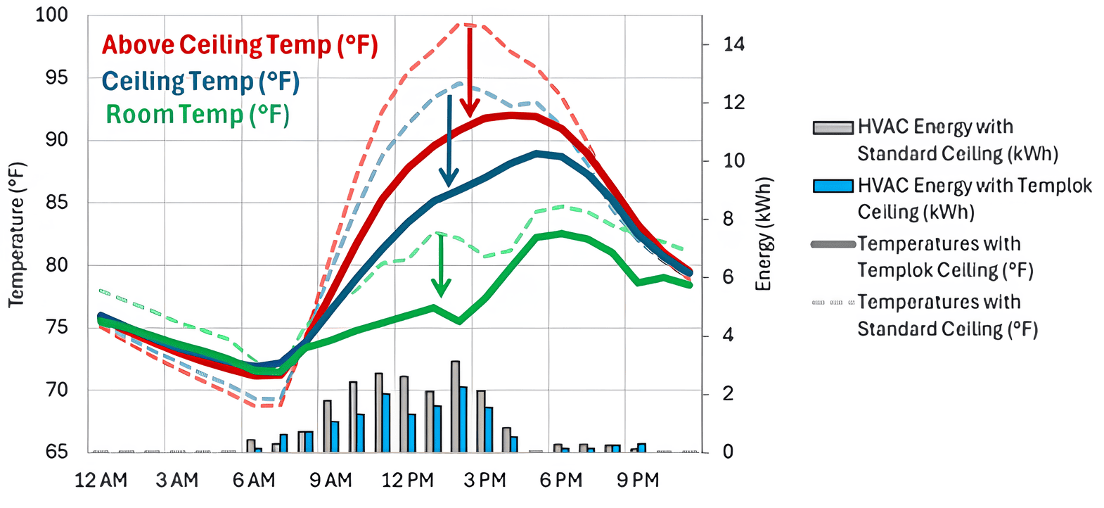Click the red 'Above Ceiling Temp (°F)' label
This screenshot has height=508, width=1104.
(240, 45)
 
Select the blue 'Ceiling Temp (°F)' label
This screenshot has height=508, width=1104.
(200, 82)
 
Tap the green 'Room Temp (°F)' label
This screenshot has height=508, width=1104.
(198, 115)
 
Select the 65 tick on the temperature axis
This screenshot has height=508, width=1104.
(57, 451)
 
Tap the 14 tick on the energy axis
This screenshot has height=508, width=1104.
(733, 44)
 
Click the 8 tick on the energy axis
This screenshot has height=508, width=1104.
(728, 219)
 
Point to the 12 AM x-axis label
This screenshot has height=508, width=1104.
(101, 481)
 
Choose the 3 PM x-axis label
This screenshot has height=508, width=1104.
(484, 481)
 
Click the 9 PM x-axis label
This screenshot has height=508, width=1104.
(638, 481)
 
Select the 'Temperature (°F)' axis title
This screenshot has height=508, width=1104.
(16, 234)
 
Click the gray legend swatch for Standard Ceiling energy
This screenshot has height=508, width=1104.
(833, 127)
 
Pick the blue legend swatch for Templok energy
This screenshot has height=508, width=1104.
(833, 186)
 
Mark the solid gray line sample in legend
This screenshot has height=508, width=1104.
(833, 244)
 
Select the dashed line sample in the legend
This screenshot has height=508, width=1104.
(833, 303)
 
